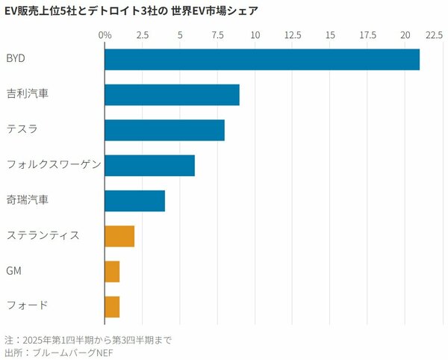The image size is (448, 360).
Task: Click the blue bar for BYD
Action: [x=261, y=59]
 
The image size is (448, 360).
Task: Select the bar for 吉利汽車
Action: [x=172, y=95]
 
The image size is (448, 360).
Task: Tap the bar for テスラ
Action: [x=164, y=130]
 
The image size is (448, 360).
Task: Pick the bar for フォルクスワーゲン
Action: [x=149, y=165]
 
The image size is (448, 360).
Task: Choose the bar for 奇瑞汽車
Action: [x=134, y=201]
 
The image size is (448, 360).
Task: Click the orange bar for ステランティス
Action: [x=119, y=236]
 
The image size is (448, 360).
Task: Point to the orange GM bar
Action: [x=112, y=271]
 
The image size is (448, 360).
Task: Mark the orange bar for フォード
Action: [x=112, y=306]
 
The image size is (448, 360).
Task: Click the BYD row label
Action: [x=16, y=59]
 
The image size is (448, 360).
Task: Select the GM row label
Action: [x=13, y=271]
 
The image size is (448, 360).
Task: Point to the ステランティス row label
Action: [x=43, y=236]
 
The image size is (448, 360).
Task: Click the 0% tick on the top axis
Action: [x=105, y=35]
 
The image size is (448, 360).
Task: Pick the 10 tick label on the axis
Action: [x=255, y=35]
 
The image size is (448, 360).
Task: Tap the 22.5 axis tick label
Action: [x=433, y=35]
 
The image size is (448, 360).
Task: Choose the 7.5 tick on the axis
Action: [x=217, y=35]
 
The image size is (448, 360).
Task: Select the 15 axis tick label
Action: [x=330, y=35]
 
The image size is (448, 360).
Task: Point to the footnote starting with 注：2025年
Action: [x=87, y=341]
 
